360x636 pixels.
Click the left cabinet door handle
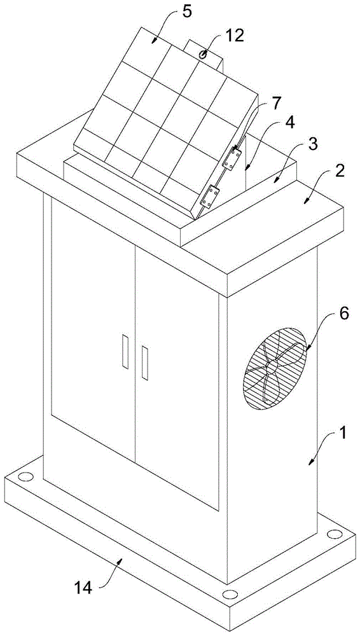point(125,351)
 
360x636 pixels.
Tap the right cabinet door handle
point(144,363)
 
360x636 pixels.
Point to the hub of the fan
point(272,367)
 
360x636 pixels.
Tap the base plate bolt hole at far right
point(334,534)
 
